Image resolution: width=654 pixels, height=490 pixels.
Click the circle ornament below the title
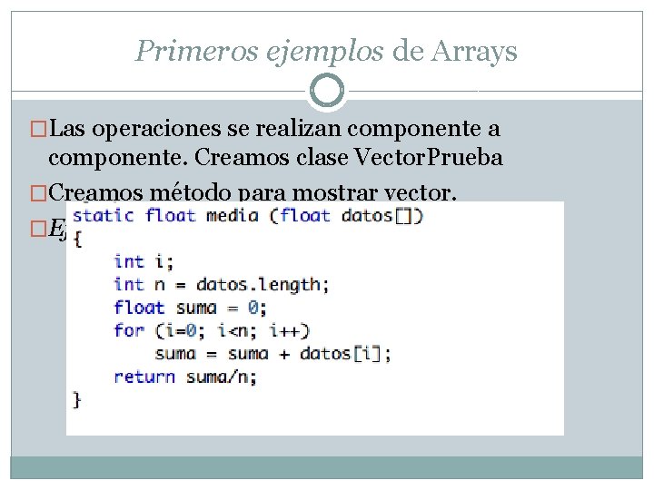pos(327,91)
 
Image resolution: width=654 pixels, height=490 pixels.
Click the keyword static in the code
pos(103,216)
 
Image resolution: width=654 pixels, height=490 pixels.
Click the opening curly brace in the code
pos(77,239)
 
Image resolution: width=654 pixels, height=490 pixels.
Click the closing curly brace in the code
pos(77,399)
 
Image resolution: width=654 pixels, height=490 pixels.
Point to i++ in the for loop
pos(290,330)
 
